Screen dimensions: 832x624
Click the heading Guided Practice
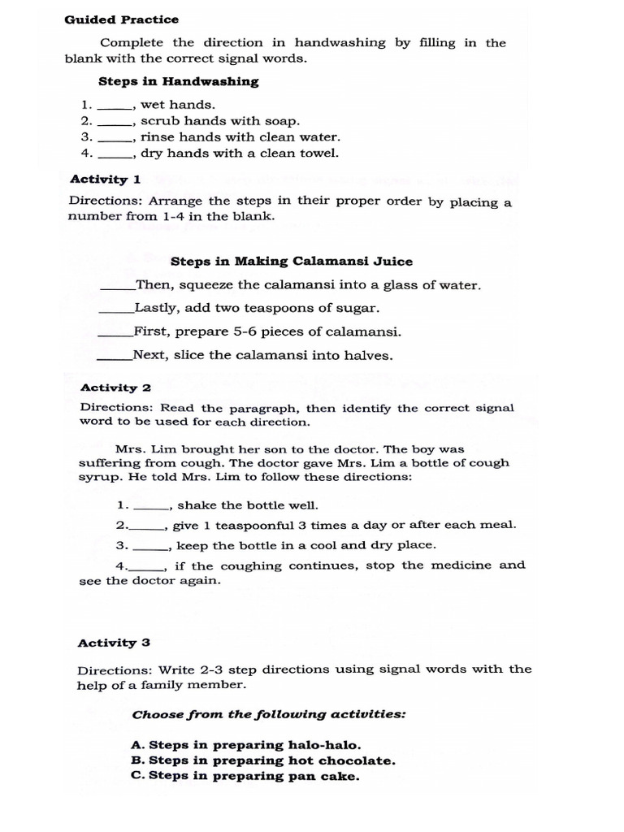[122, 19]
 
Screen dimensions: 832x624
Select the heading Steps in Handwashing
[178, 81]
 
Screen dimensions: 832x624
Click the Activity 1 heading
[106, 180]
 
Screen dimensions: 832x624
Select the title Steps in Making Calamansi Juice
[291, 261]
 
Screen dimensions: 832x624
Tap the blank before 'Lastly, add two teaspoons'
[116, 309]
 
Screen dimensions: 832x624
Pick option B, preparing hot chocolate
[262, 760]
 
